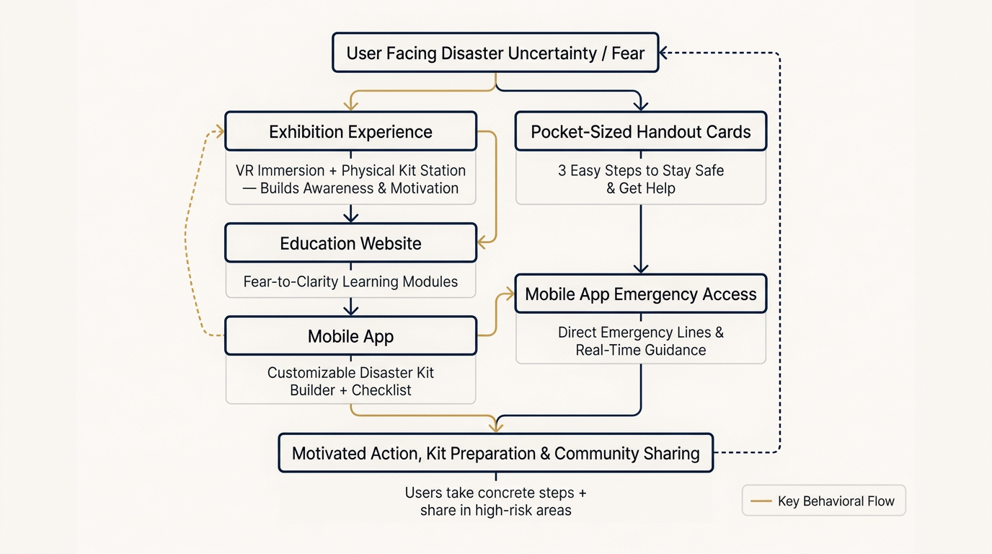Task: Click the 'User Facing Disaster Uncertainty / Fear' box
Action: (x=495, y=53)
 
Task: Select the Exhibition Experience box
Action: (x=350, y=131)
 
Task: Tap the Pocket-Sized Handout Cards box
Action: (x=640, y=131)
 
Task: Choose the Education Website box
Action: (x=350, y=243)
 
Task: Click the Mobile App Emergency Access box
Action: (x=640, y=294)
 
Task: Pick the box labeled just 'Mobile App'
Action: (x=350, y=336)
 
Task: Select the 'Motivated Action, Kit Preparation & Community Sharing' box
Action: (x=495, y=453)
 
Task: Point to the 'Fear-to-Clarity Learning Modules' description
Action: (x=350, y=281)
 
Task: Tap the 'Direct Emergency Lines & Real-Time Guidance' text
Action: (x=640, y=341)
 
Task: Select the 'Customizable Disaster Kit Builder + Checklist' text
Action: (x=350, y=381)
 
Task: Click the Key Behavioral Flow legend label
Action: (x=836, y=501)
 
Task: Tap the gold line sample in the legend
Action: (x=761, y=501)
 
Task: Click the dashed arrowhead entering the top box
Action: (x=665, y=53)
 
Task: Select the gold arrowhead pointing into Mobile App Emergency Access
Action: (x=509, y=294)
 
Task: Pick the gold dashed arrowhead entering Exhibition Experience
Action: (x=218, y=131)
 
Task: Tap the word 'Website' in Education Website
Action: (x=388, y=243)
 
